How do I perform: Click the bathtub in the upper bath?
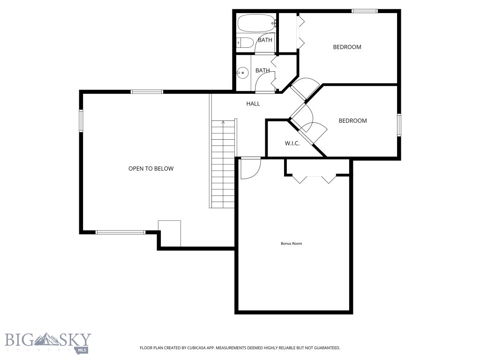[x=255, y=23]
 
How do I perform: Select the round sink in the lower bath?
[x=242, y=73]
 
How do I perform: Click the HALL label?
[x=253, y=104]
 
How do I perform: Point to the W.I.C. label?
[x=292, y=143]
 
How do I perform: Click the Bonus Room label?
[x=291, y=243]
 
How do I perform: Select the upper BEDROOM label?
[x=347, y=47]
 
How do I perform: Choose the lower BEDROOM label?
[x=352, y=120]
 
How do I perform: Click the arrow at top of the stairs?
[x=223, y=123]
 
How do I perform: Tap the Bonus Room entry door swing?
[x=249, y=169]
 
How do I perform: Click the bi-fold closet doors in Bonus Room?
[x=314, y=179]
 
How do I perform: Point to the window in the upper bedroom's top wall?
[x=365, y=11]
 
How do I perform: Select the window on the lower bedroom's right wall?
[x=399, y=125]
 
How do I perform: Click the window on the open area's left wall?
[x=81, y=120]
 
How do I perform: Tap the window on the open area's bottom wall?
[x=121, y=232]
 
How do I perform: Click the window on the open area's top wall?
[x=147, y=91]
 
